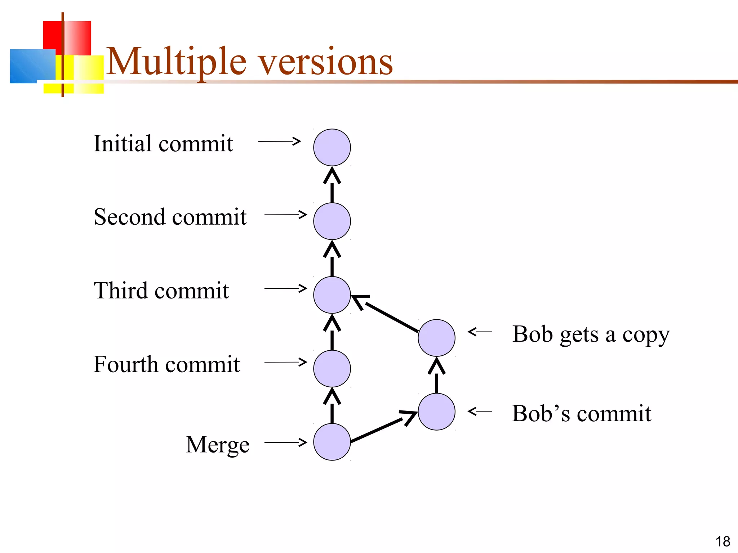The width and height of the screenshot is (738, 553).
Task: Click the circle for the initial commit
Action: click(332, 147)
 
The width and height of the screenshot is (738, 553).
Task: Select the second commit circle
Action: click(332, 221)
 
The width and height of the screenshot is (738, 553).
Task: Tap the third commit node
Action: click(332, 295)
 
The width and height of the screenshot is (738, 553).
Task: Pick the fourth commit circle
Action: click(332, 369)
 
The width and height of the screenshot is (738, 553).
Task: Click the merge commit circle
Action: click(332, 442)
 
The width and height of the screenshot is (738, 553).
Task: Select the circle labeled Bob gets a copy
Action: click(436, 338)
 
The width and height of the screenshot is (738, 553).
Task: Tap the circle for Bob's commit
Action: click(436, 412)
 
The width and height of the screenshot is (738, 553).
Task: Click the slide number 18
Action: click(723, 541)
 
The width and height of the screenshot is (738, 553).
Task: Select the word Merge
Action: click(218, 445)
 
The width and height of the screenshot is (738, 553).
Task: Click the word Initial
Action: click(123, 143)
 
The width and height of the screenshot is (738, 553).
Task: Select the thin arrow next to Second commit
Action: click(285, 215)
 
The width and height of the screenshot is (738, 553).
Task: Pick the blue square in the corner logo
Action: click(32, 66)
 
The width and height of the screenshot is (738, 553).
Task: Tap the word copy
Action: click(646, 335)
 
